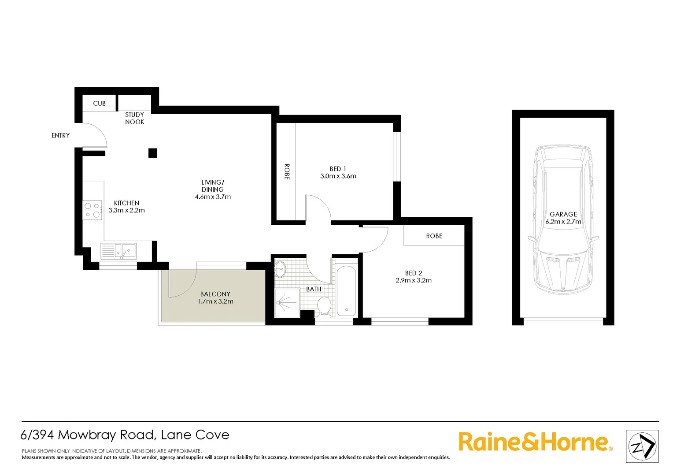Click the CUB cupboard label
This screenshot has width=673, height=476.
99,104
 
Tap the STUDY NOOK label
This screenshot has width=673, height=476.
134,118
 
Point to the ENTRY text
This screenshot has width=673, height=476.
60,135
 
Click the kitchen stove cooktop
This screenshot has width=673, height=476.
92,210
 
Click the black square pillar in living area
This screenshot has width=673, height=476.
152,153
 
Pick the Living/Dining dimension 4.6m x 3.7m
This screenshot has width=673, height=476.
213,197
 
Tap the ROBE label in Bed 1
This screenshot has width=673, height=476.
287,171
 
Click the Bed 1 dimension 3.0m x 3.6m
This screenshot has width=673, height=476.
338,176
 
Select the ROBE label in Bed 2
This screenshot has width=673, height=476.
434,236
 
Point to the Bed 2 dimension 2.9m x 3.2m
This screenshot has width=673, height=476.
414,280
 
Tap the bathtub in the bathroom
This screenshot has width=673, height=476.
346,290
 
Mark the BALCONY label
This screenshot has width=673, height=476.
215,294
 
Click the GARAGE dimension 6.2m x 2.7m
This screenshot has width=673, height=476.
563,222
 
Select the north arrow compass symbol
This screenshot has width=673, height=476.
642,446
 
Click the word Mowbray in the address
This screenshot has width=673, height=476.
106,435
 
